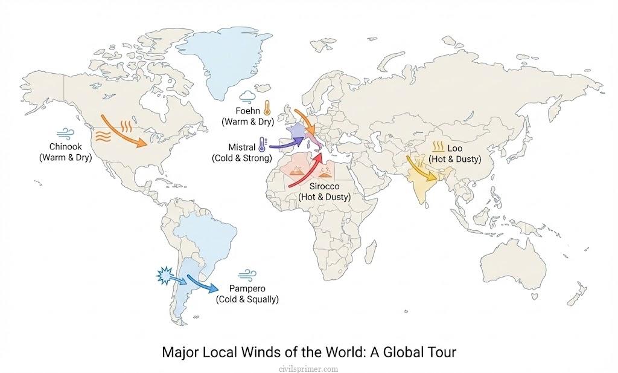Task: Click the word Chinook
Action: pyautogui.click(x=64, y=147)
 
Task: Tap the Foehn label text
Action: pyautogui.click(x=248, y=111)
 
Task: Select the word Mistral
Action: pyautogui.click(x=241, y=147)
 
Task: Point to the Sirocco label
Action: pyautogui.click(x=325, y=186)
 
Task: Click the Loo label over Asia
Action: pyautogui.click(x=454, y=148)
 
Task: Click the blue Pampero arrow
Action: pyautogui.click(x=203, y=283)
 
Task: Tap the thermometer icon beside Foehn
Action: pyautogui.click(x=266, y=109)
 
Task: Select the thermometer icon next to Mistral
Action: pyautogui.click(x=262, y=144)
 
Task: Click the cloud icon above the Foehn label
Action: pyautogui.click(x=247, y=97)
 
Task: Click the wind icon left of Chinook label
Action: pyautogui.click(x=63, y=134)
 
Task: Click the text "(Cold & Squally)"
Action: pyautogui.click(x=247, y=299)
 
